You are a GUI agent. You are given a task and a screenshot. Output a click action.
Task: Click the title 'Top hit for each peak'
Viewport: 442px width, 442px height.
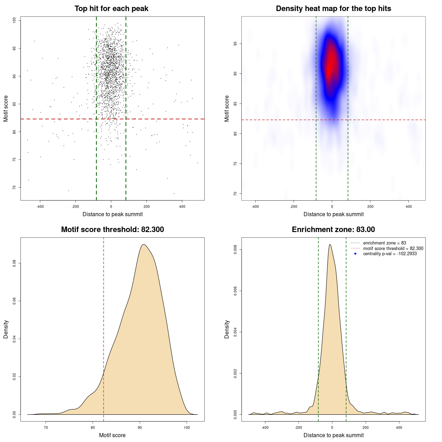[111, 9]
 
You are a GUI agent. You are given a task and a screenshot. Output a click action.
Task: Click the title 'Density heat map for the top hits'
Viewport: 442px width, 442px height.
[333, 9]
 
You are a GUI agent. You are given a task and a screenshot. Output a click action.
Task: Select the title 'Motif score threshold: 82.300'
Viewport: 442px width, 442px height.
[112, 230]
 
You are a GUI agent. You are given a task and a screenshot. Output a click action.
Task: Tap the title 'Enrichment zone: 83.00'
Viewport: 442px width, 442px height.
[333, 230]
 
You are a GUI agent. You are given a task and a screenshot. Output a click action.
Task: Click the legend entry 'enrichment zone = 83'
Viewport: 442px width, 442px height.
[384, 243]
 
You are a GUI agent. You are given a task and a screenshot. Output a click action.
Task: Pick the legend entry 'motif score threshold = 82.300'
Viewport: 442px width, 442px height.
[393, 248]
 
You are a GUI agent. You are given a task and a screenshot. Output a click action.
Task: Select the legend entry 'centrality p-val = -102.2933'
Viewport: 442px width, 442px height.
[390, 254]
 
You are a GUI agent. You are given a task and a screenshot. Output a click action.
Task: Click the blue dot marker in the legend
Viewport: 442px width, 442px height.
[355, 254]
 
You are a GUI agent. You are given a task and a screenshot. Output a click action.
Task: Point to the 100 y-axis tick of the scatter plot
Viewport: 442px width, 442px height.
[15, 21]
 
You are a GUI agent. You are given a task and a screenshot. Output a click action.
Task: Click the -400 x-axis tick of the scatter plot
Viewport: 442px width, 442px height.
[40, 206]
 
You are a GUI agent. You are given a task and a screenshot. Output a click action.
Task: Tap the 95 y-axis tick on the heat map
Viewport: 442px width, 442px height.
[236, 44]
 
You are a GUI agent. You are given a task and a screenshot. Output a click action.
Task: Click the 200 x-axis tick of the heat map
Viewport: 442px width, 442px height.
[370, 206]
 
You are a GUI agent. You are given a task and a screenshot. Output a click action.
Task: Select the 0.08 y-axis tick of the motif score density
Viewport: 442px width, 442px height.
[15, 263]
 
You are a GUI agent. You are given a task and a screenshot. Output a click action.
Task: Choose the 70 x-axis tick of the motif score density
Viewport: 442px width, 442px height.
[46, 427]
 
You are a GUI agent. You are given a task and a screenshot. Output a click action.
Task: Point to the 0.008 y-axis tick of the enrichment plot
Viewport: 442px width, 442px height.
[236, 250]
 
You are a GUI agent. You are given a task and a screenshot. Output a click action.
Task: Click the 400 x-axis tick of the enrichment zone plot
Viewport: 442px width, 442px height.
[399, 427]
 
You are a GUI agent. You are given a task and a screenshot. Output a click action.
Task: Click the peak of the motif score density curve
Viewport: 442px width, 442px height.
[144, 244]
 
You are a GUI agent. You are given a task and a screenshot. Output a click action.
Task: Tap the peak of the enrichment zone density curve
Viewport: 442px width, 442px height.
[330, 244]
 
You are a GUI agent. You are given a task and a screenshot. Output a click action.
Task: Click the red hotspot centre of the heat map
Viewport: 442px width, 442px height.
[331, 64]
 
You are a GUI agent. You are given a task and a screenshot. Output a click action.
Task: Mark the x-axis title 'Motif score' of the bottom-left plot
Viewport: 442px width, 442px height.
[112, 435]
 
